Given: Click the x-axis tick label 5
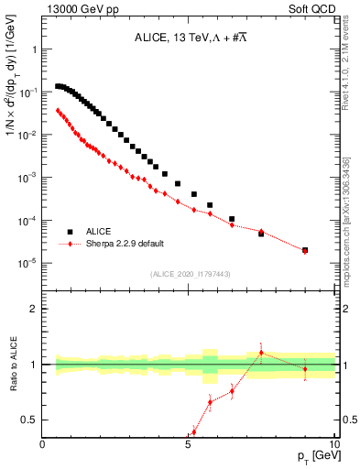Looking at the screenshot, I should coord(189,443).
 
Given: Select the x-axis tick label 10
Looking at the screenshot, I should coord(334,443).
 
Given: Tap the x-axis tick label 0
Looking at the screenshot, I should coord(43,443).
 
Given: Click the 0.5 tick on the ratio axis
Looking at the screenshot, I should coord(30,420).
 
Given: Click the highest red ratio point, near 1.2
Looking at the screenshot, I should coord(261,353).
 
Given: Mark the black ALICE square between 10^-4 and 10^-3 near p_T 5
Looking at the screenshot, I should coord(194,194).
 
